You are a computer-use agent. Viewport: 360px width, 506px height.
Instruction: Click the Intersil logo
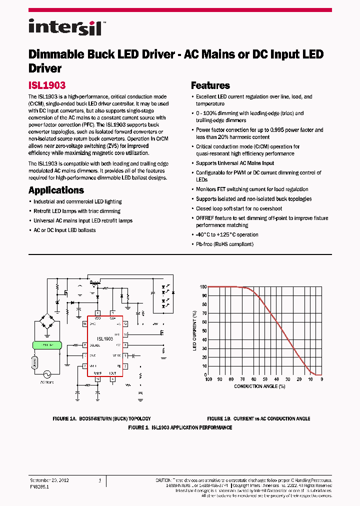pos(65,26)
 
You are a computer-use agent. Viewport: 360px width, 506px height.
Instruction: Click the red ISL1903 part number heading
pos(47,85)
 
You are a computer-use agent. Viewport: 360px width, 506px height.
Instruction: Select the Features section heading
pos(210,85)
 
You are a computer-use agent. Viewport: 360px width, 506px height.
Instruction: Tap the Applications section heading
pos(56,190)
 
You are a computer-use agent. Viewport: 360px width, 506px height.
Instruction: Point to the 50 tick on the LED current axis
pos(203,330)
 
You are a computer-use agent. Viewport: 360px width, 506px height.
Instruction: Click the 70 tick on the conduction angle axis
pos(242,379)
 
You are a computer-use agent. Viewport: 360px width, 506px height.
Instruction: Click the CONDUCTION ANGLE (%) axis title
pos(259,386)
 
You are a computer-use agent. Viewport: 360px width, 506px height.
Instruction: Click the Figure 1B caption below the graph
pos(258,418)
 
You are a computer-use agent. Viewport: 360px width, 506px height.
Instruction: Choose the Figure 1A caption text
pos(101,418)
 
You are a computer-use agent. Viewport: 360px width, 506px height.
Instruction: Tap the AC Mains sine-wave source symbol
pos(48,374)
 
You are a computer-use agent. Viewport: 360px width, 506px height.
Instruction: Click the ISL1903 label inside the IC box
pos(104,338)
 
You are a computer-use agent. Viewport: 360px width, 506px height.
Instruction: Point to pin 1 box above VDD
pos(97,313)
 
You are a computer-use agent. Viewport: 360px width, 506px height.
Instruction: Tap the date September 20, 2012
pos(49,480)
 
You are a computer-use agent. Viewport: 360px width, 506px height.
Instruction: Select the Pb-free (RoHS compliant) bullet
pos(224,244)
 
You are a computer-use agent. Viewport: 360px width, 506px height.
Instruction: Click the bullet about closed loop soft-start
pos(239,208)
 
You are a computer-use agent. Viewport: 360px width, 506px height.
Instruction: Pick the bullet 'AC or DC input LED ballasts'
pos(64,230)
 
